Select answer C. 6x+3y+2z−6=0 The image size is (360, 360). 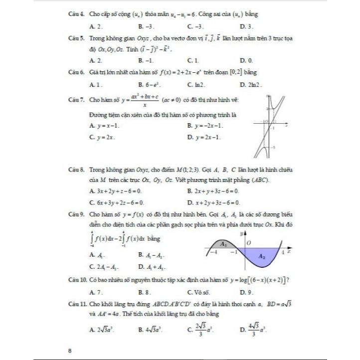pyautogui.click(x=116, y=202)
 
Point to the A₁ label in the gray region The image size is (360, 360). pyautogui.click(x=224, y=244)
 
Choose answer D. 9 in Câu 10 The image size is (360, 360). pyautogui.click(x=247, y=292)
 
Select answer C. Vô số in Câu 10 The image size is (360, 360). pyautogui.click(x=198, y=292)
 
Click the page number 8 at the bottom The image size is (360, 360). pyautogui.click(x=70, y=351)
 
